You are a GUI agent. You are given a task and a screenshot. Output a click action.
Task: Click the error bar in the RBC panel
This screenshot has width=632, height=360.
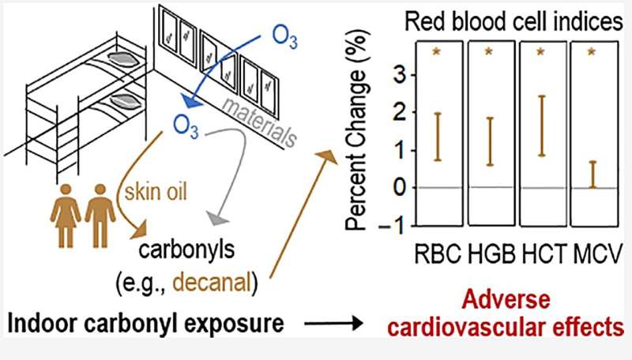(x=438, y=137)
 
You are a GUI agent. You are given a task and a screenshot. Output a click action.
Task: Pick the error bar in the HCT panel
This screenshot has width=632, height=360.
(x=542, y=126)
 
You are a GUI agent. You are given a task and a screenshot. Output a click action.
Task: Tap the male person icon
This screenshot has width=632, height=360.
(x=100, y=211)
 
